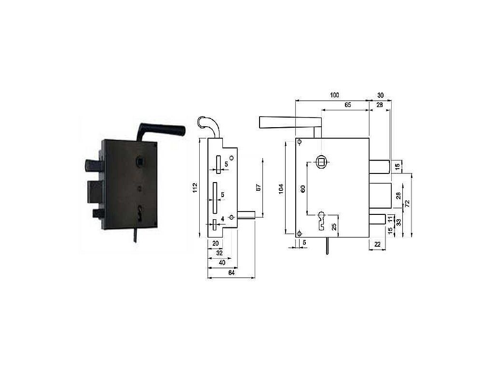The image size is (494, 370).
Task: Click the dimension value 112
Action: tap(195, 188)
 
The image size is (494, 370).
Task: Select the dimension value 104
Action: tap(281, 189)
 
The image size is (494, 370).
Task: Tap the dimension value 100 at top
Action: tap(334, 95)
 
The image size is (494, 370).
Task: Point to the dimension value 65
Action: tap(347, 105)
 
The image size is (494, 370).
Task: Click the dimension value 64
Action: tap(231, 273)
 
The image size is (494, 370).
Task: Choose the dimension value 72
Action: tap(407, 203)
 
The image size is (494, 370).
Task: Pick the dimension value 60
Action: tap(303, 189)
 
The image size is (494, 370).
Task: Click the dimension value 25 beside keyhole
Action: tap(334, 226)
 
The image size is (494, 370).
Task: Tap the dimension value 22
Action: tap(377, 244)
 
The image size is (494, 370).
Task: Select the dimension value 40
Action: tap(222, 263)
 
